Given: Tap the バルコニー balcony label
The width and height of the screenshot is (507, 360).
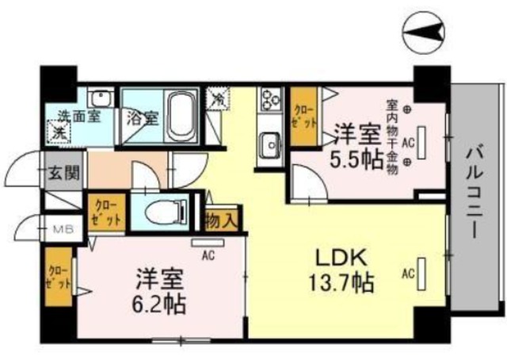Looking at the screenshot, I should [x=475, y=187].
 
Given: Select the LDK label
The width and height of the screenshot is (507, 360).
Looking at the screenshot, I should [x=342, y=258].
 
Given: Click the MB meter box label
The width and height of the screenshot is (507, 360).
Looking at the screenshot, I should [x=62, y=231].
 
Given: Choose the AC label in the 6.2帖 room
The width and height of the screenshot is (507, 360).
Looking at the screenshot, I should [x=209, y=255].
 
